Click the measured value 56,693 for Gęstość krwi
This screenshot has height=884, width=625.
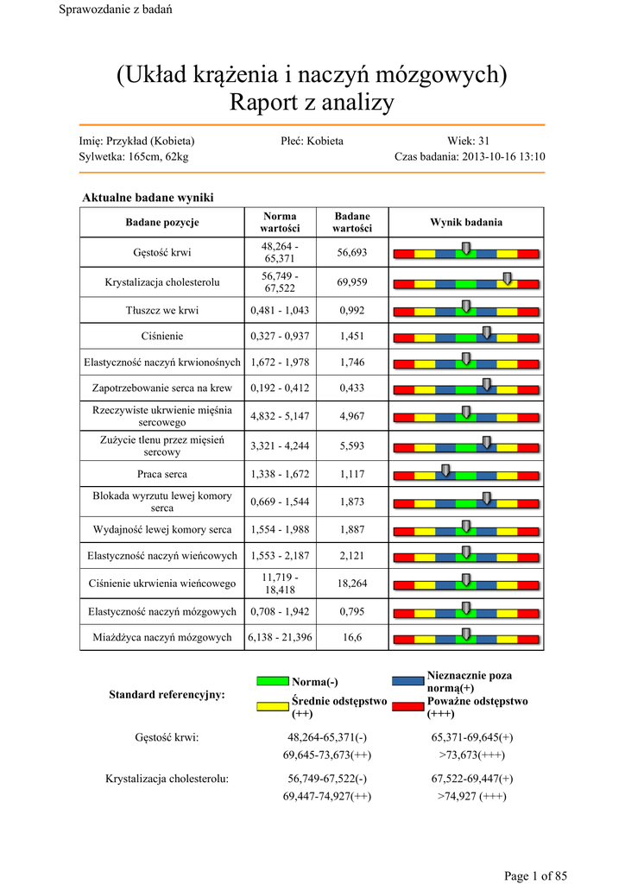(x=351, y=253)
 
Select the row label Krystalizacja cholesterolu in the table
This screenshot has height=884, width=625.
(x=162, y=282)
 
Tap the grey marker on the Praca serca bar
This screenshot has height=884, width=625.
(x=445, y=470)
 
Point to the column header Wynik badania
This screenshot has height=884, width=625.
(x=466, y=223)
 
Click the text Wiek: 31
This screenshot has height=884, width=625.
(x=469, y=141)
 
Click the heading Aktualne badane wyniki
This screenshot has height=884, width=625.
(x=147, y=199)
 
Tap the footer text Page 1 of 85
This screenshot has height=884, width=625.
(x=535, y=876)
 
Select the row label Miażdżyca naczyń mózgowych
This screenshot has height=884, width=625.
(x=162, y=637)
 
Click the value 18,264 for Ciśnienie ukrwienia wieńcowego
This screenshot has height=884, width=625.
(x=351, y=584)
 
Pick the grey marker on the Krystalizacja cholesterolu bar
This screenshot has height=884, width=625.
(x=507, y=277)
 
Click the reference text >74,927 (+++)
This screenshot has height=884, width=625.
(x=471, y=796)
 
